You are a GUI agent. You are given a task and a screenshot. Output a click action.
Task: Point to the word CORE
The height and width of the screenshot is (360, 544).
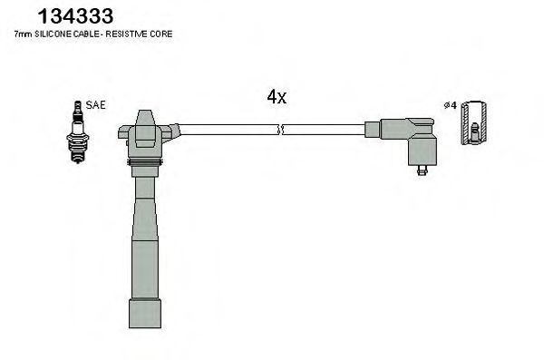(163, 34)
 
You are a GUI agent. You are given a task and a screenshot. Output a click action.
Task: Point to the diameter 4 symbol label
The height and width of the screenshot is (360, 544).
(448, 106)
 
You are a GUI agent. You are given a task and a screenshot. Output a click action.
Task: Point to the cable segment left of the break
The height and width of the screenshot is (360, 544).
(227, 130)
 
